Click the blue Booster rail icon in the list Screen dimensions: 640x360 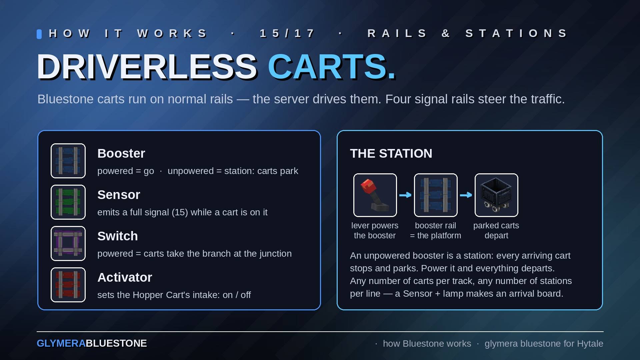[68, 161]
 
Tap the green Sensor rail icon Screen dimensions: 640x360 [68, 202]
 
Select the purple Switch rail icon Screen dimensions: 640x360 [68, 243]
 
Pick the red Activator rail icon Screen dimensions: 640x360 [68, 285]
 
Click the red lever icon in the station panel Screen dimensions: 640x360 [375, 195]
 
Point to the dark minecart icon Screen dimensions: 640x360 [496, 195]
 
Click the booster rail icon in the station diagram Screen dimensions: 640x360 [436, 195]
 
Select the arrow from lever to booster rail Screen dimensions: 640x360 [405, 195]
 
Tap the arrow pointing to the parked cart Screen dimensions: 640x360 [466, 195]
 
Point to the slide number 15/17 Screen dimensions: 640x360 [287, 33]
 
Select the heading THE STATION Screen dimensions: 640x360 [391, 153]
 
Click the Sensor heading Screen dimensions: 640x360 [119, 195]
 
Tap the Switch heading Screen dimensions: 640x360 [117, 236]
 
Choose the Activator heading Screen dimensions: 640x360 [125, 277]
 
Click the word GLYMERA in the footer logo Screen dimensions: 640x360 [61, 343]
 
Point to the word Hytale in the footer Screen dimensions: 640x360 [590, 343]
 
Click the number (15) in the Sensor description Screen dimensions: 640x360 [180, 212]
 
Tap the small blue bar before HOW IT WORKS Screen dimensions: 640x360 [39, 34]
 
